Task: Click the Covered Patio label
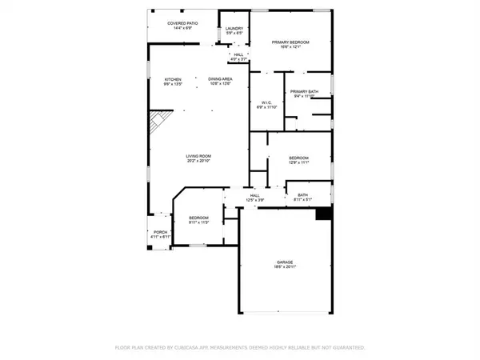182,24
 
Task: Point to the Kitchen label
174,79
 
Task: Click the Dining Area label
221,79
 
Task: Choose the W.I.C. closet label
266,102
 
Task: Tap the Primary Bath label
305,91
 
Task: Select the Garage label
284,261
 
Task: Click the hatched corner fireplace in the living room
157,124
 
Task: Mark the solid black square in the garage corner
323,214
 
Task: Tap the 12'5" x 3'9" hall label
255,199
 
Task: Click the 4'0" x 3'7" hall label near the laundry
238,58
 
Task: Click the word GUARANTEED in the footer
347,348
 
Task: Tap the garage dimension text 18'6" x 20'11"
284,266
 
